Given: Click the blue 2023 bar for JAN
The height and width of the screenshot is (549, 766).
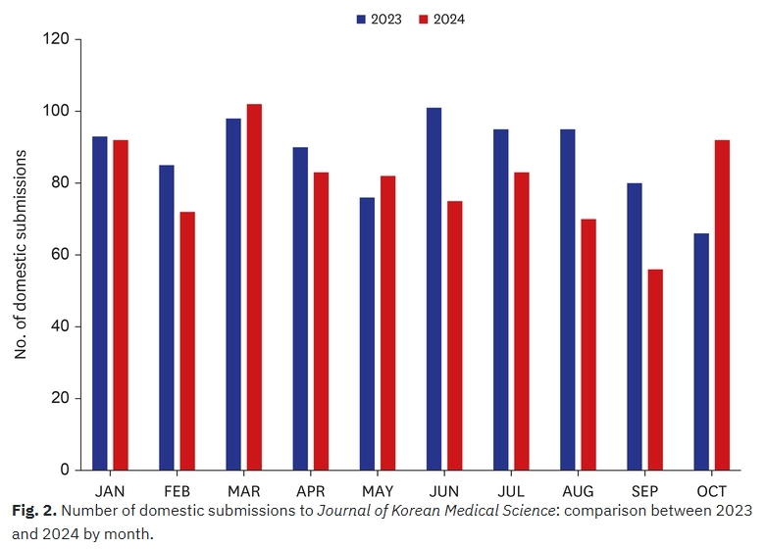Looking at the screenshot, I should point(100,303).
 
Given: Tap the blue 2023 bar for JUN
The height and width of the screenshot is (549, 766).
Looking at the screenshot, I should point(434,288).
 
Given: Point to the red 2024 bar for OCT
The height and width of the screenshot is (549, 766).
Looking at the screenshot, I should point(722,305).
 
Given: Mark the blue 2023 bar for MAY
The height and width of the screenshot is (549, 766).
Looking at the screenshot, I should point(367,333).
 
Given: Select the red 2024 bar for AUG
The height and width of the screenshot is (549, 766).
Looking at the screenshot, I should point(588,344).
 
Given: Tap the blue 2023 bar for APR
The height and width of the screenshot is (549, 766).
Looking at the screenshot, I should point(300,308).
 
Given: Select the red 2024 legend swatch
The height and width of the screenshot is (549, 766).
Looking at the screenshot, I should point(424,19).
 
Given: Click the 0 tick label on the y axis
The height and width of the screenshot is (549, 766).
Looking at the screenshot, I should point(65,471).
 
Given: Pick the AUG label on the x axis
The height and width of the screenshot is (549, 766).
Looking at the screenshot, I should point(578,490).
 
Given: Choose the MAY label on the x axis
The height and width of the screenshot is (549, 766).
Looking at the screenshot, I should point(378,490).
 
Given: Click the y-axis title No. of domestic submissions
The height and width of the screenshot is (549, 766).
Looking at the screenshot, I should point(21,255).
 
